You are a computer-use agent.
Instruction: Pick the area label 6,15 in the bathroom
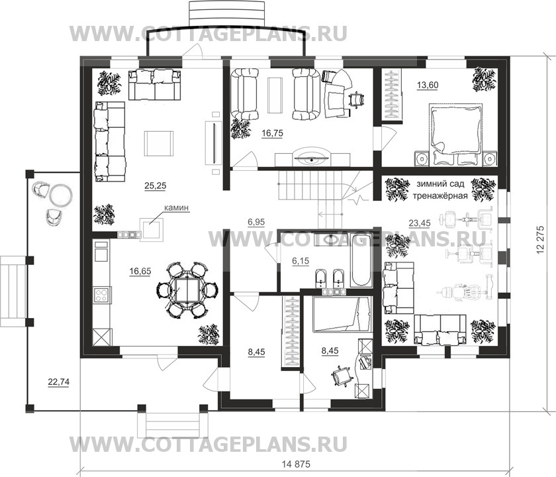pos(301,262)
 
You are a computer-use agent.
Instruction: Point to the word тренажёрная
pos(440,197)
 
